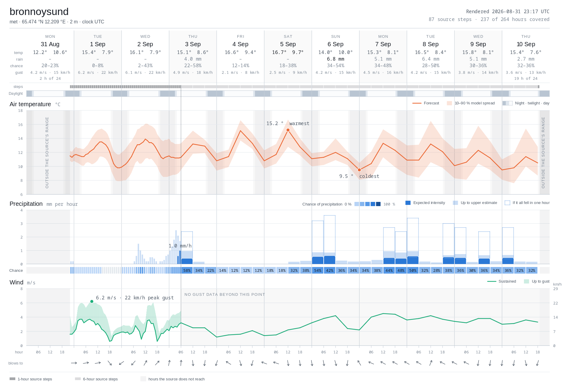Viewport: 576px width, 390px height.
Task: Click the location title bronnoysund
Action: click(39, 12)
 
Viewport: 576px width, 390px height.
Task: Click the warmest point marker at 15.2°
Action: click(288, 130)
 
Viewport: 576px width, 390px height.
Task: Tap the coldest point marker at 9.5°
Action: click(359, 170)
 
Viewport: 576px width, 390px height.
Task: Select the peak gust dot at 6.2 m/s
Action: click(92, 301)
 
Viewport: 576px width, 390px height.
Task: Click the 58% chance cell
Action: click(187, 270)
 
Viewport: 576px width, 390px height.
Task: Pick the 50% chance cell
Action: click(413, 270)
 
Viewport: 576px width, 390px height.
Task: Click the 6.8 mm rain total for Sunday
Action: click(335, 59)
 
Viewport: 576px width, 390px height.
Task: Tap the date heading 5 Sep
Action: click(288, 44)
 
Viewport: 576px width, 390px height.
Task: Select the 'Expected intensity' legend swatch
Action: click(408, 203)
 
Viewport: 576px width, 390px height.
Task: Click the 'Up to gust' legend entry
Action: click(537, 281)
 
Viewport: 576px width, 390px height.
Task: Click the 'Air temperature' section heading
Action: click(30, 104)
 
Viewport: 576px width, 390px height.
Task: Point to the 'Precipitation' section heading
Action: click(26, 204)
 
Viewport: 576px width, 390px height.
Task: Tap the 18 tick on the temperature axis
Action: click(20, 111)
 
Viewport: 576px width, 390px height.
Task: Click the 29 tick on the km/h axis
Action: click(556, 289)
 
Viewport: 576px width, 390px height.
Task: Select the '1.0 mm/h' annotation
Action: click(180, 246)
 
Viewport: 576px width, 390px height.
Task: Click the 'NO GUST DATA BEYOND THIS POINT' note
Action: click(225, 295)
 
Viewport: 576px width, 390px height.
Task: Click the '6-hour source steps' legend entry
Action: click(96, 379)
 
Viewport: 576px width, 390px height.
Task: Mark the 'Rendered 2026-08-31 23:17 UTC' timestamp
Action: click(508, 11)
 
